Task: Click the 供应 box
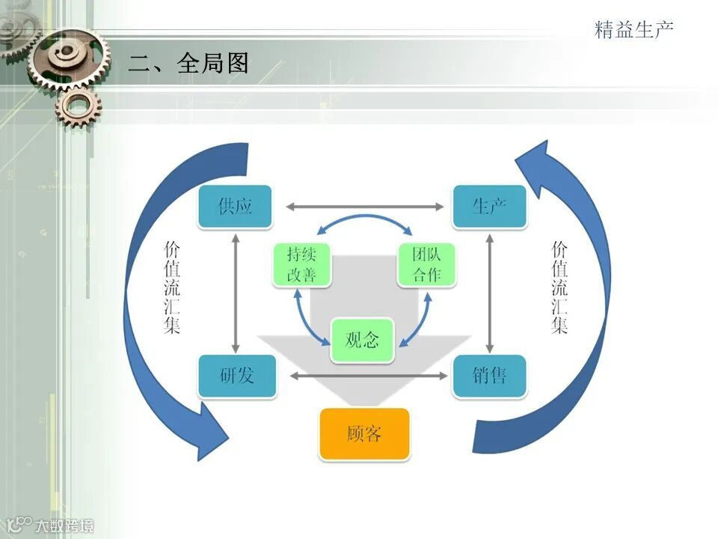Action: click(x=235, y=207)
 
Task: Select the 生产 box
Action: click(x=489, y=207)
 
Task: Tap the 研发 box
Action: click(x=237, y=375)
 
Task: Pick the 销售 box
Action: click(x=489, y=375)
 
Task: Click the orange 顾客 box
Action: click(x=364, y=433)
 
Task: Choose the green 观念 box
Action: click(x=362, y=340)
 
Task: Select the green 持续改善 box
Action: click(x=301, y=264)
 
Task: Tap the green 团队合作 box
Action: click(x=426, y=264)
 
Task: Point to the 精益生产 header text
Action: click(x=633, y=30)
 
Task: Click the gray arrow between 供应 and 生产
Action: click(x=364, y=207)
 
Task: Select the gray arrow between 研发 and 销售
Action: click(x=364, y=375)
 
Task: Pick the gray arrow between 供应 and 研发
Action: click(x=236, y=292)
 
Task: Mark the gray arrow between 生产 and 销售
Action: click(x=489, y=292)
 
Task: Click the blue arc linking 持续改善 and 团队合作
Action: click(x=364, y=219)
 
